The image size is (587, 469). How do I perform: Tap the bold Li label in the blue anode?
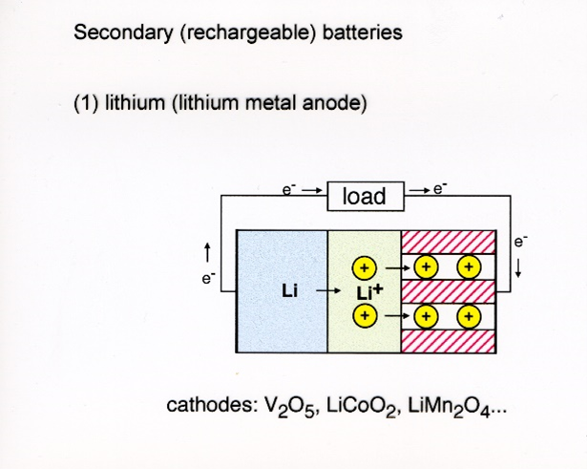[x=290, y=291]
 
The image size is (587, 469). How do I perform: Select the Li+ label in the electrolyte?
[x=369, y=292]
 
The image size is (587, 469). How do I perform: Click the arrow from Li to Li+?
[x=328, y=290]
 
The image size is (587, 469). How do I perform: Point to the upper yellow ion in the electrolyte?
[x=364, y=268]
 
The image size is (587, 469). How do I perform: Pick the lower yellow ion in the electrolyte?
[x=365, y=315]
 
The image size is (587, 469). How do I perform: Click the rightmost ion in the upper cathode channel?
[x=469, y=267]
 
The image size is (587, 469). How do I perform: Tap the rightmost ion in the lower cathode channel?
[x=469, y=316]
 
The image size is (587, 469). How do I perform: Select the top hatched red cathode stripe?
[x=448, y=242]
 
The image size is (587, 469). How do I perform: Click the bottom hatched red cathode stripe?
[x=448, y=341]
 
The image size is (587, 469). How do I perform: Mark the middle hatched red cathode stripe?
[x=448, y=291]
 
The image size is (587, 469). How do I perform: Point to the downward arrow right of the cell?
[x=518, y=269]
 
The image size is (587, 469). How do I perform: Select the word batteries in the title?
[x=362, y=32]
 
